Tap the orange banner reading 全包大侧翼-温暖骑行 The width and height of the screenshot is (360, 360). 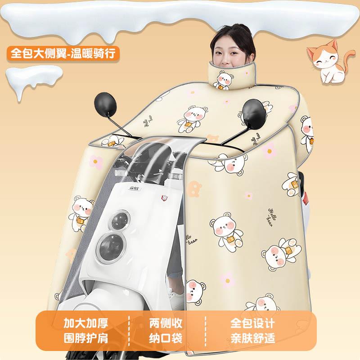63,53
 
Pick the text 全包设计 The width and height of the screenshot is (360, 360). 252,323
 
